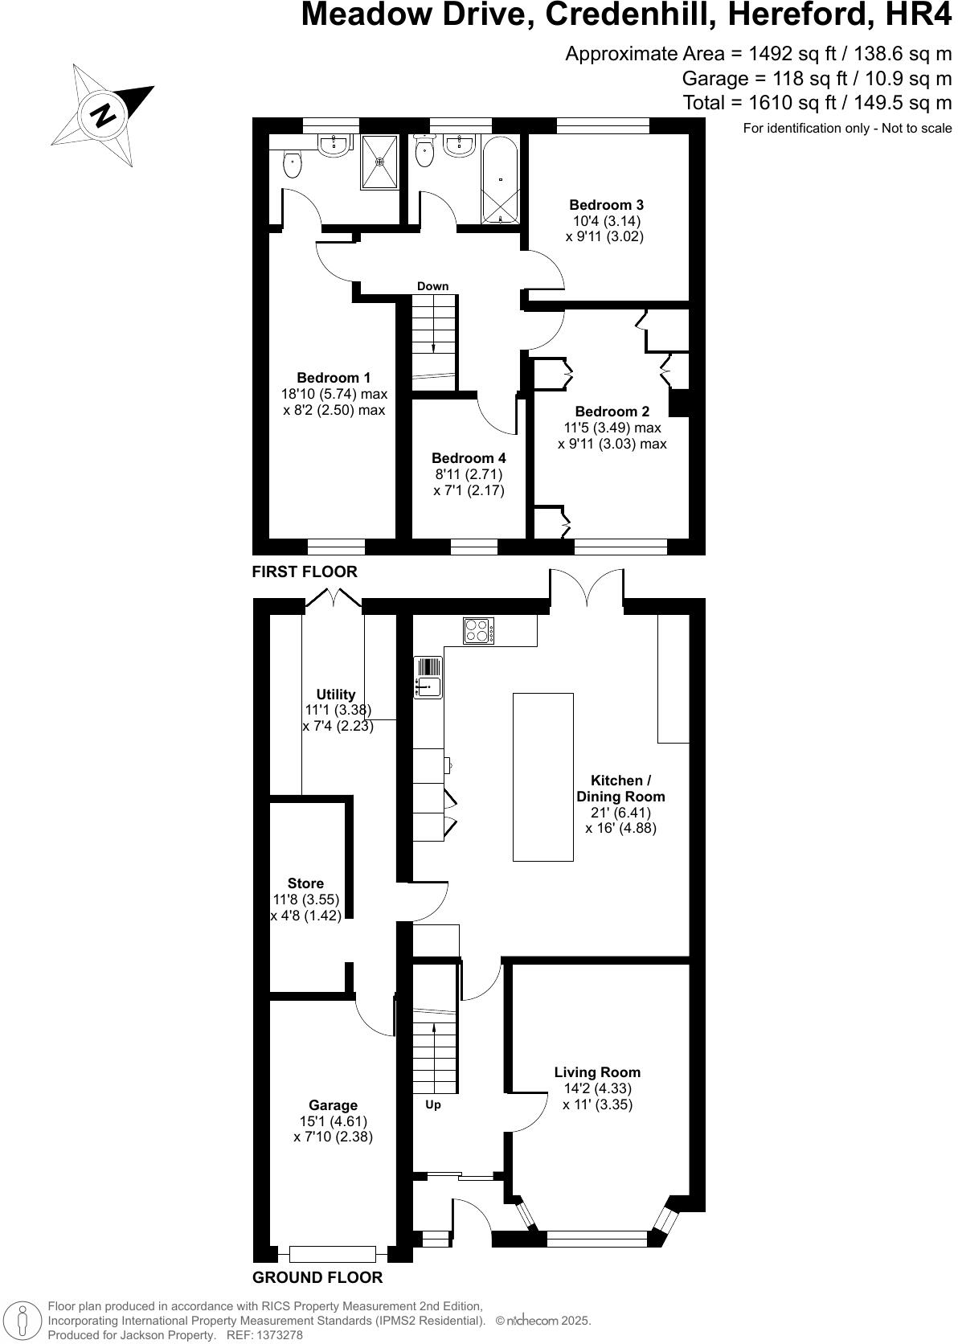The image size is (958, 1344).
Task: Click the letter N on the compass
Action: point(103,116)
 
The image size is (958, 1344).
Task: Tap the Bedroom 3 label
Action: point(606,205)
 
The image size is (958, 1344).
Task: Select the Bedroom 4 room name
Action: point(469,458)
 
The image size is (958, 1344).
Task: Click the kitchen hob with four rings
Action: point(478,630)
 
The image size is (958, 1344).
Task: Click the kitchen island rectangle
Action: point(543,776)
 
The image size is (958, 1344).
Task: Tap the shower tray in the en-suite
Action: point(379,161)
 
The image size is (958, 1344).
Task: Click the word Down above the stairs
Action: point(432,286)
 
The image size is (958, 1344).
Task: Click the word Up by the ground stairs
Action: point(432,1104)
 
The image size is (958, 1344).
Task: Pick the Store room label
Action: point(305,883)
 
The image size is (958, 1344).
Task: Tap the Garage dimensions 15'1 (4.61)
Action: point(333,1121)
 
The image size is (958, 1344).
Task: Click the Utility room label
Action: point(336,695)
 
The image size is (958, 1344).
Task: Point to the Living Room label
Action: point(597,1072)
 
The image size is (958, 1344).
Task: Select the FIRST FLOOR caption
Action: point(305,572)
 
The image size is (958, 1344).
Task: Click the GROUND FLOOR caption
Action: point(317,1277)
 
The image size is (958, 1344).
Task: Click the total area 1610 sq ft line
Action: point(817,103)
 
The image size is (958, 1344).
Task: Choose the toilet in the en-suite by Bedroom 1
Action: point(293,165)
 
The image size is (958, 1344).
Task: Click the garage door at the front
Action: point(333,1253)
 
